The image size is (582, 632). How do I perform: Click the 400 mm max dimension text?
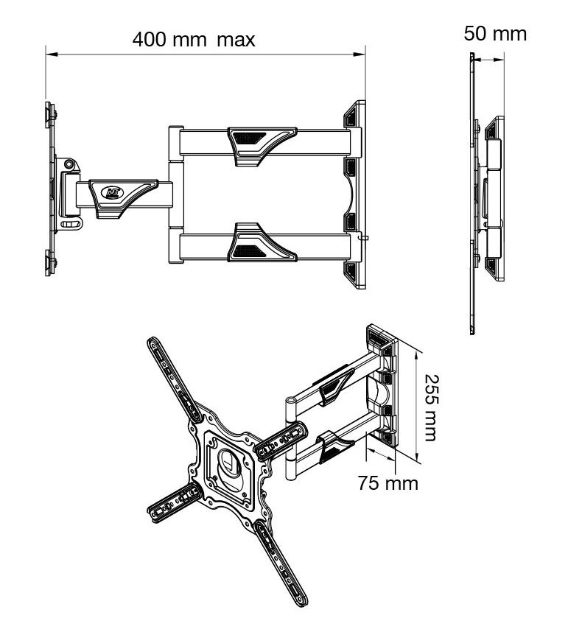pos(194,39)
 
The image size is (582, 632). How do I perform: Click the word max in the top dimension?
pos(236,39)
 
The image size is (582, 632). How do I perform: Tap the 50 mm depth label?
pos(495,33)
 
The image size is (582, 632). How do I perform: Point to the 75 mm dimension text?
pos(388,483)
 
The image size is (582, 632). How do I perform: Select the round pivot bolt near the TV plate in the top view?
pos(69,164)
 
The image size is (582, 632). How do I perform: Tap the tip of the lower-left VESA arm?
pos(156,513)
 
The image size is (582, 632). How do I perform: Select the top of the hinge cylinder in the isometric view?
pos(290,402)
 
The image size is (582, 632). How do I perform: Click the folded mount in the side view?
pos(491,199)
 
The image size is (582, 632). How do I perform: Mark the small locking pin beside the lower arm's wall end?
pos(362,237)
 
